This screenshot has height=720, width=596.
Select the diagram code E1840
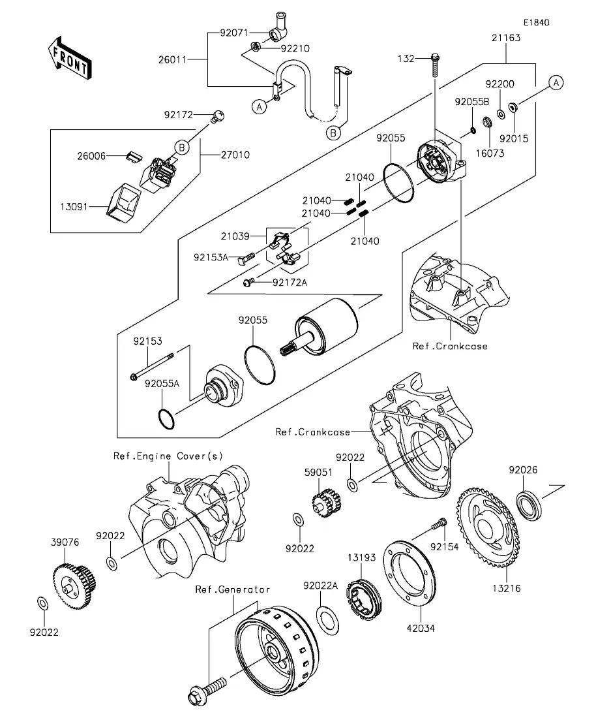tap(536, 23)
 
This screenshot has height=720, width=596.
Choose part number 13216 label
tap(506, 588)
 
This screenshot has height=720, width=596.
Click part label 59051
tap(318, 471)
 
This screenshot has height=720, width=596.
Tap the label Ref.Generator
tap(233, 589)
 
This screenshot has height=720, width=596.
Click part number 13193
tap(361, 556)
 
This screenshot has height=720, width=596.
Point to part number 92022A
tap(320, 586)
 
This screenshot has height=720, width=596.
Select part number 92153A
tap(209, 257)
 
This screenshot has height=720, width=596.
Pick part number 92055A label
tap(162, 384)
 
